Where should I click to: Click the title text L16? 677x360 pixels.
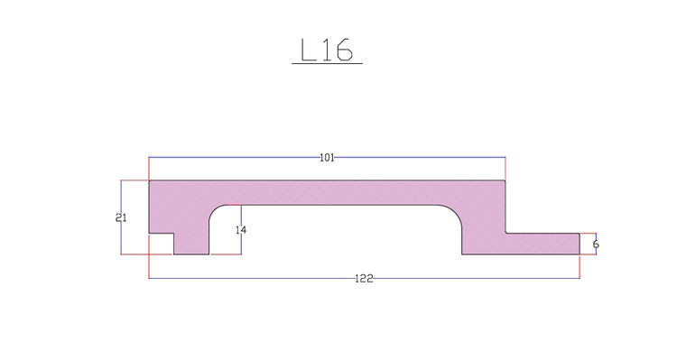click(x=327, y=50)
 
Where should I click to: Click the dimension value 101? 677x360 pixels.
click(x=327, y=158)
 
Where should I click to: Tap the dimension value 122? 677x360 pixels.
click(x=364, y=279)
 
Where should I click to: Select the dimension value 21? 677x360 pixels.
click(x=121, y=218)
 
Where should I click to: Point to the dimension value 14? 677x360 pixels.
click(x=241, y=230)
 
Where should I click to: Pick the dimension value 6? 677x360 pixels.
click(x=596, y=245)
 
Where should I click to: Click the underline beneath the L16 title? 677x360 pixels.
click(x=328, y=64)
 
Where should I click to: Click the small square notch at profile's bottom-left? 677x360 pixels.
click(x=162, y=244)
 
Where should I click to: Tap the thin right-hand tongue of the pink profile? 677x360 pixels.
click(x=543, y=244)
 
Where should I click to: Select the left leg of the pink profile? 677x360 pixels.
click(x=191, y=233)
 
